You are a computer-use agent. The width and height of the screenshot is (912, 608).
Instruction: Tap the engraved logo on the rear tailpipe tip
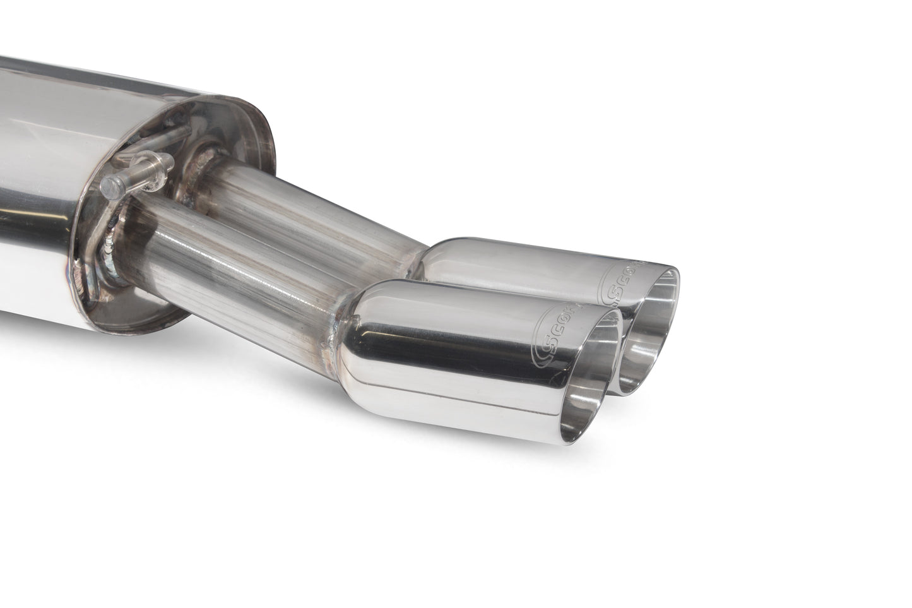point(622,278)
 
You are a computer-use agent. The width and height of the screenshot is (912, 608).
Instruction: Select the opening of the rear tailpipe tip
point(650,328)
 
